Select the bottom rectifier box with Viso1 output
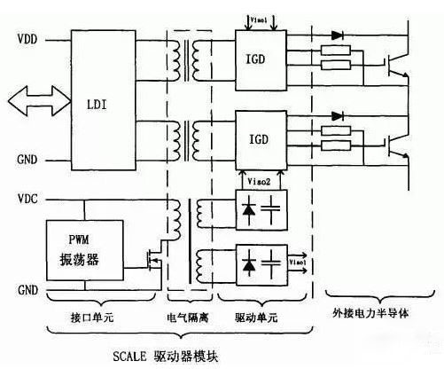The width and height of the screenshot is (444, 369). coord(261,263)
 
